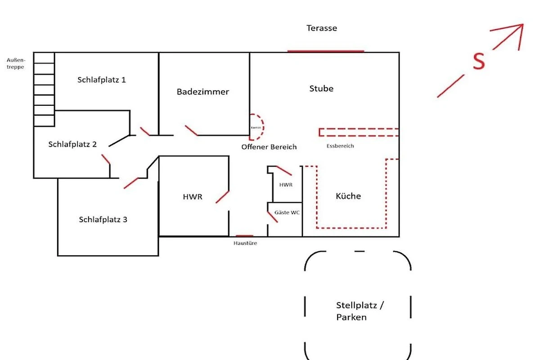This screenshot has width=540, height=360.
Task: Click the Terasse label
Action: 322,28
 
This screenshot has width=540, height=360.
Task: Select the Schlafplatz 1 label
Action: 102,80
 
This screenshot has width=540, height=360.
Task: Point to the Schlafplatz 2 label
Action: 72,144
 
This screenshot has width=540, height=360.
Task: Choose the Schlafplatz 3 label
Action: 103,220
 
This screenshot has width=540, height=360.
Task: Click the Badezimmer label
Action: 202,92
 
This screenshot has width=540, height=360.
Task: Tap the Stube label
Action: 321,89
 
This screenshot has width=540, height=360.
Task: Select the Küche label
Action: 348,196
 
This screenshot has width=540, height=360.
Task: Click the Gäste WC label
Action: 288,212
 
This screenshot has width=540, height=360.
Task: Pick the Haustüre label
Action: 245,243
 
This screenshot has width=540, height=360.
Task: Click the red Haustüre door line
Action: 245,235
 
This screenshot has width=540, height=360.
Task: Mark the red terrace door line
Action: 325,51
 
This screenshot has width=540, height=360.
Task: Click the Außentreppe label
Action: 16,63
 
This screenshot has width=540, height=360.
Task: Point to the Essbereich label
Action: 340,146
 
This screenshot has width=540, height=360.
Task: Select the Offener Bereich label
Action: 269,147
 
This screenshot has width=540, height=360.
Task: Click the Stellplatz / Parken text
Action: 360,311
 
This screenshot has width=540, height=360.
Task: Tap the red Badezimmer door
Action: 191,130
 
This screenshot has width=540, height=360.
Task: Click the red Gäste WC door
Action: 272,216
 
